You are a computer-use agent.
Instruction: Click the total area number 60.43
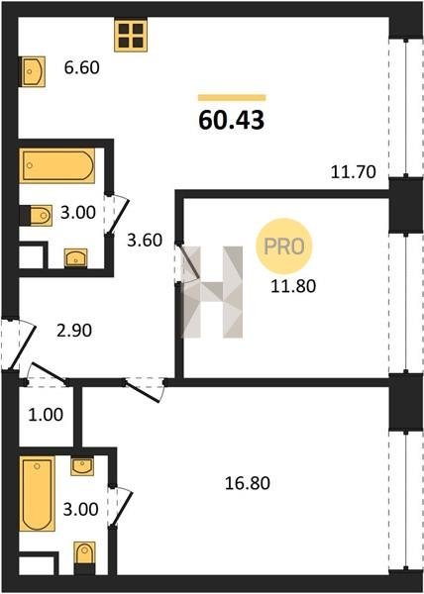click(231, 121)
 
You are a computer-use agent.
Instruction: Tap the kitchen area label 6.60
click(82, 67)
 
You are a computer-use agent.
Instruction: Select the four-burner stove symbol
click(131, 36)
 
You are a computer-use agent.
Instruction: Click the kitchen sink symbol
click(34, 71)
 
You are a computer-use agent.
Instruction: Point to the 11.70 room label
click(353, 172)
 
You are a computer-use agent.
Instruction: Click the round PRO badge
click(283, 247)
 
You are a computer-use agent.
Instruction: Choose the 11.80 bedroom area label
click(293, 286)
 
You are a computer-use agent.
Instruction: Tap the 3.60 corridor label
click(145, 241)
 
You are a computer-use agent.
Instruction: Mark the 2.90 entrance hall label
click(74, 331)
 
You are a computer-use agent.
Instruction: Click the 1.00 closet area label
click(46, 415)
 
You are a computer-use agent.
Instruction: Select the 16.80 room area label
click(248, 483)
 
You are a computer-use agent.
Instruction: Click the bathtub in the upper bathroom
click(57, 165)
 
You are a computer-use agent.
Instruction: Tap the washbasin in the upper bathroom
click(75, 257)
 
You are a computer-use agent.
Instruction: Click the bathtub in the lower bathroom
click(37, 494)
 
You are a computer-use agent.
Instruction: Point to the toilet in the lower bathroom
click(84, 554)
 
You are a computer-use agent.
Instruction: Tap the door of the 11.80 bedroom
click(188, 261)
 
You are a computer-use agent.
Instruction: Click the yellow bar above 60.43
click(232, 98)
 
